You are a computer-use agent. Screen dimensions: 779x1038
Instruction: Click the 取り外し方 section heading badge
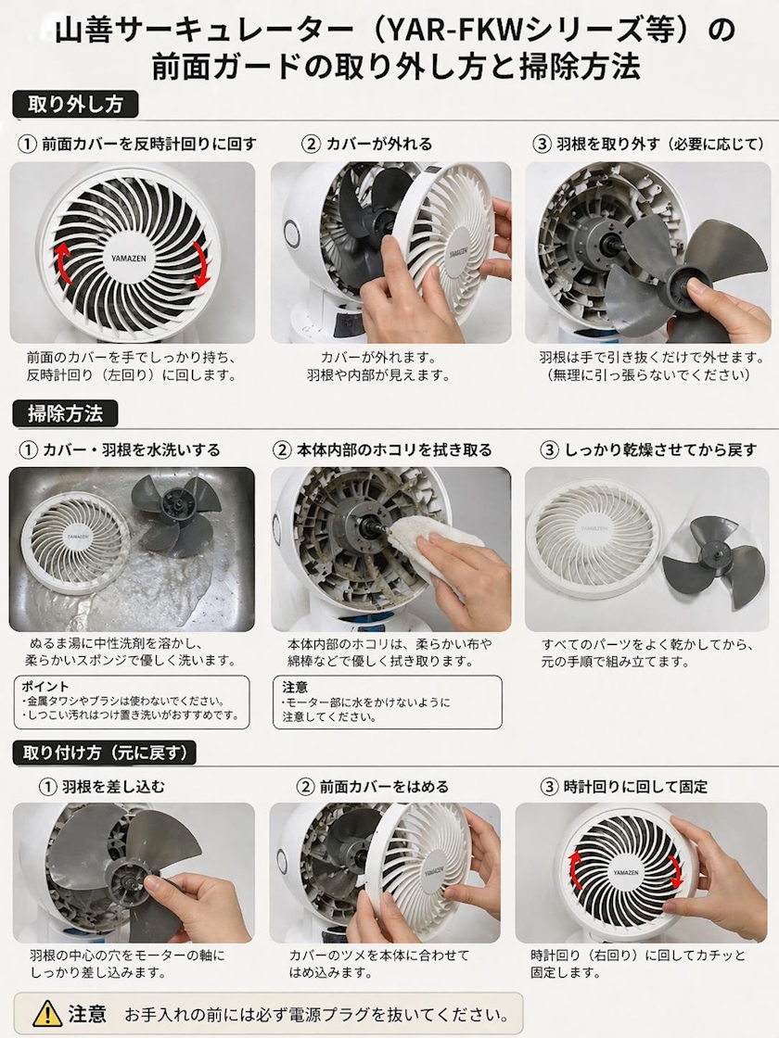(75, 105)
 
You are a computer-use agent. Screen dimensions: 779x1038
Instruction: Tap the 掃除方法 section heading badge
(66, 413)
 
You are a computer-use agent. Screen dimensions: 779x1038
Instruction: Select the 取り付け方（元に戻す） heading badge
(105, 753)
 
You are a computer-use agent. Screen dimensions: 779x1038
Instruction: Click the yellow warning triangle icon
(47, 1013)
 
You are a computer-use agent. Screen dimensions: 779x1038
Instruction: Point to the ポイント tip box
(132, 703)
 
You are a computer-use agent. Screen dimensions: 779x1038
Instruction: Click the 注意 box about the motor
(388, 703)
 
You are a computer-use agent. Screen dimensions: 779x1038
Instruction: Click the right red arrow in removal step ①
(201, 265)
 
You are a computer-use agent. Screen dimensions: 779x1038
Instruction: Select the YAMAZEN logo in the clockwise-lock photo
(626, 873)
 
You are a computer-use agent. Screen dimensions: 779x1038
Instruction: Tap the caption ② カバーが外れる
(367, 144)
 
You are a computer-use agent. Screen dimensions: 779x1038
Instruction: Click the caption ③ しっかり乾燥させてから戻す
(649, 450)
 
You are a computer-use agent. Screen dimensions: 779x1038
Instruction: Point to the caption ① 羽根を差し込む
(102, 787)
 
